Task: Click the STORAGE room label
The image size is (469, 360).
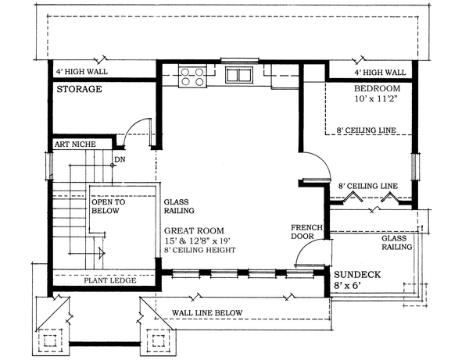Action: tap(79, 89)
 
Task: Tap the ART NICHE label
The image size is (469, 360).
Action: tap(75, 144)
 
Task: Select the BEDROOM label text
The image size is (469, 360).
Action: tap(377, 88)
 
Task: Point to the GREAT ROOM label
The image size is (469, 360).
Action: tap(194, 230)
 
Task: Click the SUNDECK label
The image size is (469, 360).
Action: tap(357, 275)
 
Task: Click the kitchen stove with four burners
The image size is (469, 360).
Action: tap(192, 77)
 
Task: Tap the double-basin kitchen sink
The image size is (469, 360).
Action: tap(239, 75)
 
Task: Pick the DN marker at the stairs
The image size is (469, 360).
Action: tap(120, 159)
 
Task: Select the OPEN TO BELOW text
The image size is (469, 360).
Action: tap(109, 206)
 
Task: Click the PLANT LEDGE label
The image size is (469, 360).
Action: tap(110, 280)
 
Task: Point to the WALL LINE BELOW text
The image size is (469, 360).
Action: tap(207, 313)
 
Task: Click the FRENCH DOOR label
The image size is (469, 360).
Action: tap(306, 232)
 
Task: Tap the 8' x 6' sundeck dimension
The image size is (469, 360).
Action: tap(347, 286)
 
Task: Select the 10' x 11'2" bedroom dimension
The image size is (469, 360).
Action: tap(377, 98)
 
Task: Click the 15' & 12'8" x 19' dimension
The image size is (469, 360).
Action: tap(197, 241)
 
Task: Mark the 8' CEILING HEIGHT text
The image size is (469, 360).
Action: tap(199, 250)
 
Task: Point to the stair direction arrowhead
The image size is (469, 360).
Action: tap(102, 253)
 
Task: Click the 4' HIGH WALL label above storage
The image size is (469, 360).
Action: tap(82, 72)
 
